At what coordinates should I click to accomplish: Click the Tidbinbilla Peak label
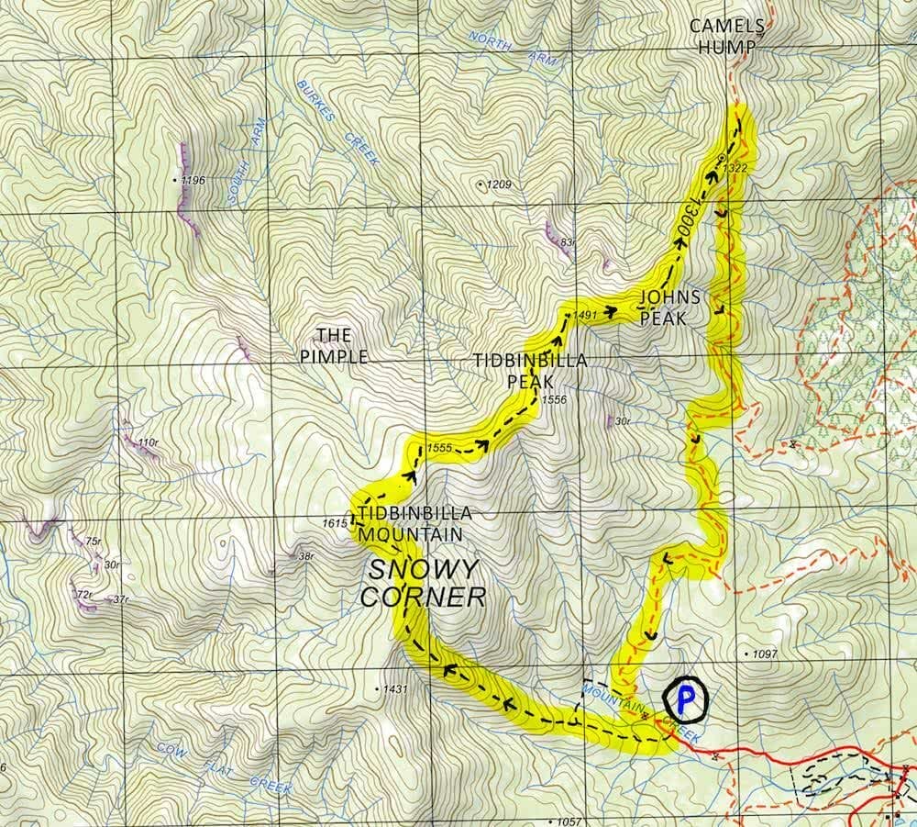coord(531,370)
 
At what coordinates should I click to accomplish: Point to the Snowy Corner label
coord(424,583)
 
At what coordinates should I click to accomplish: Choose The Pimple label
coord(334,345)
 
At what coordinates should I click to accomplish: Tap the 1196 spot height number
coord(193,180)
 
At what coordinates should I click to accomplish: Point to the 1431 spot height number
coord(395,687)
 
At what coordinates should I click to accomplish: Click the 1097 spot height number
coord(764,654)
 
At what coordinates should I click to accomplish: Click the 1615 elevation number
coord(336,523)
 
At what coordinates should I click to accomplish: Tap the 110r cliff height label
coord(147,443)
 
